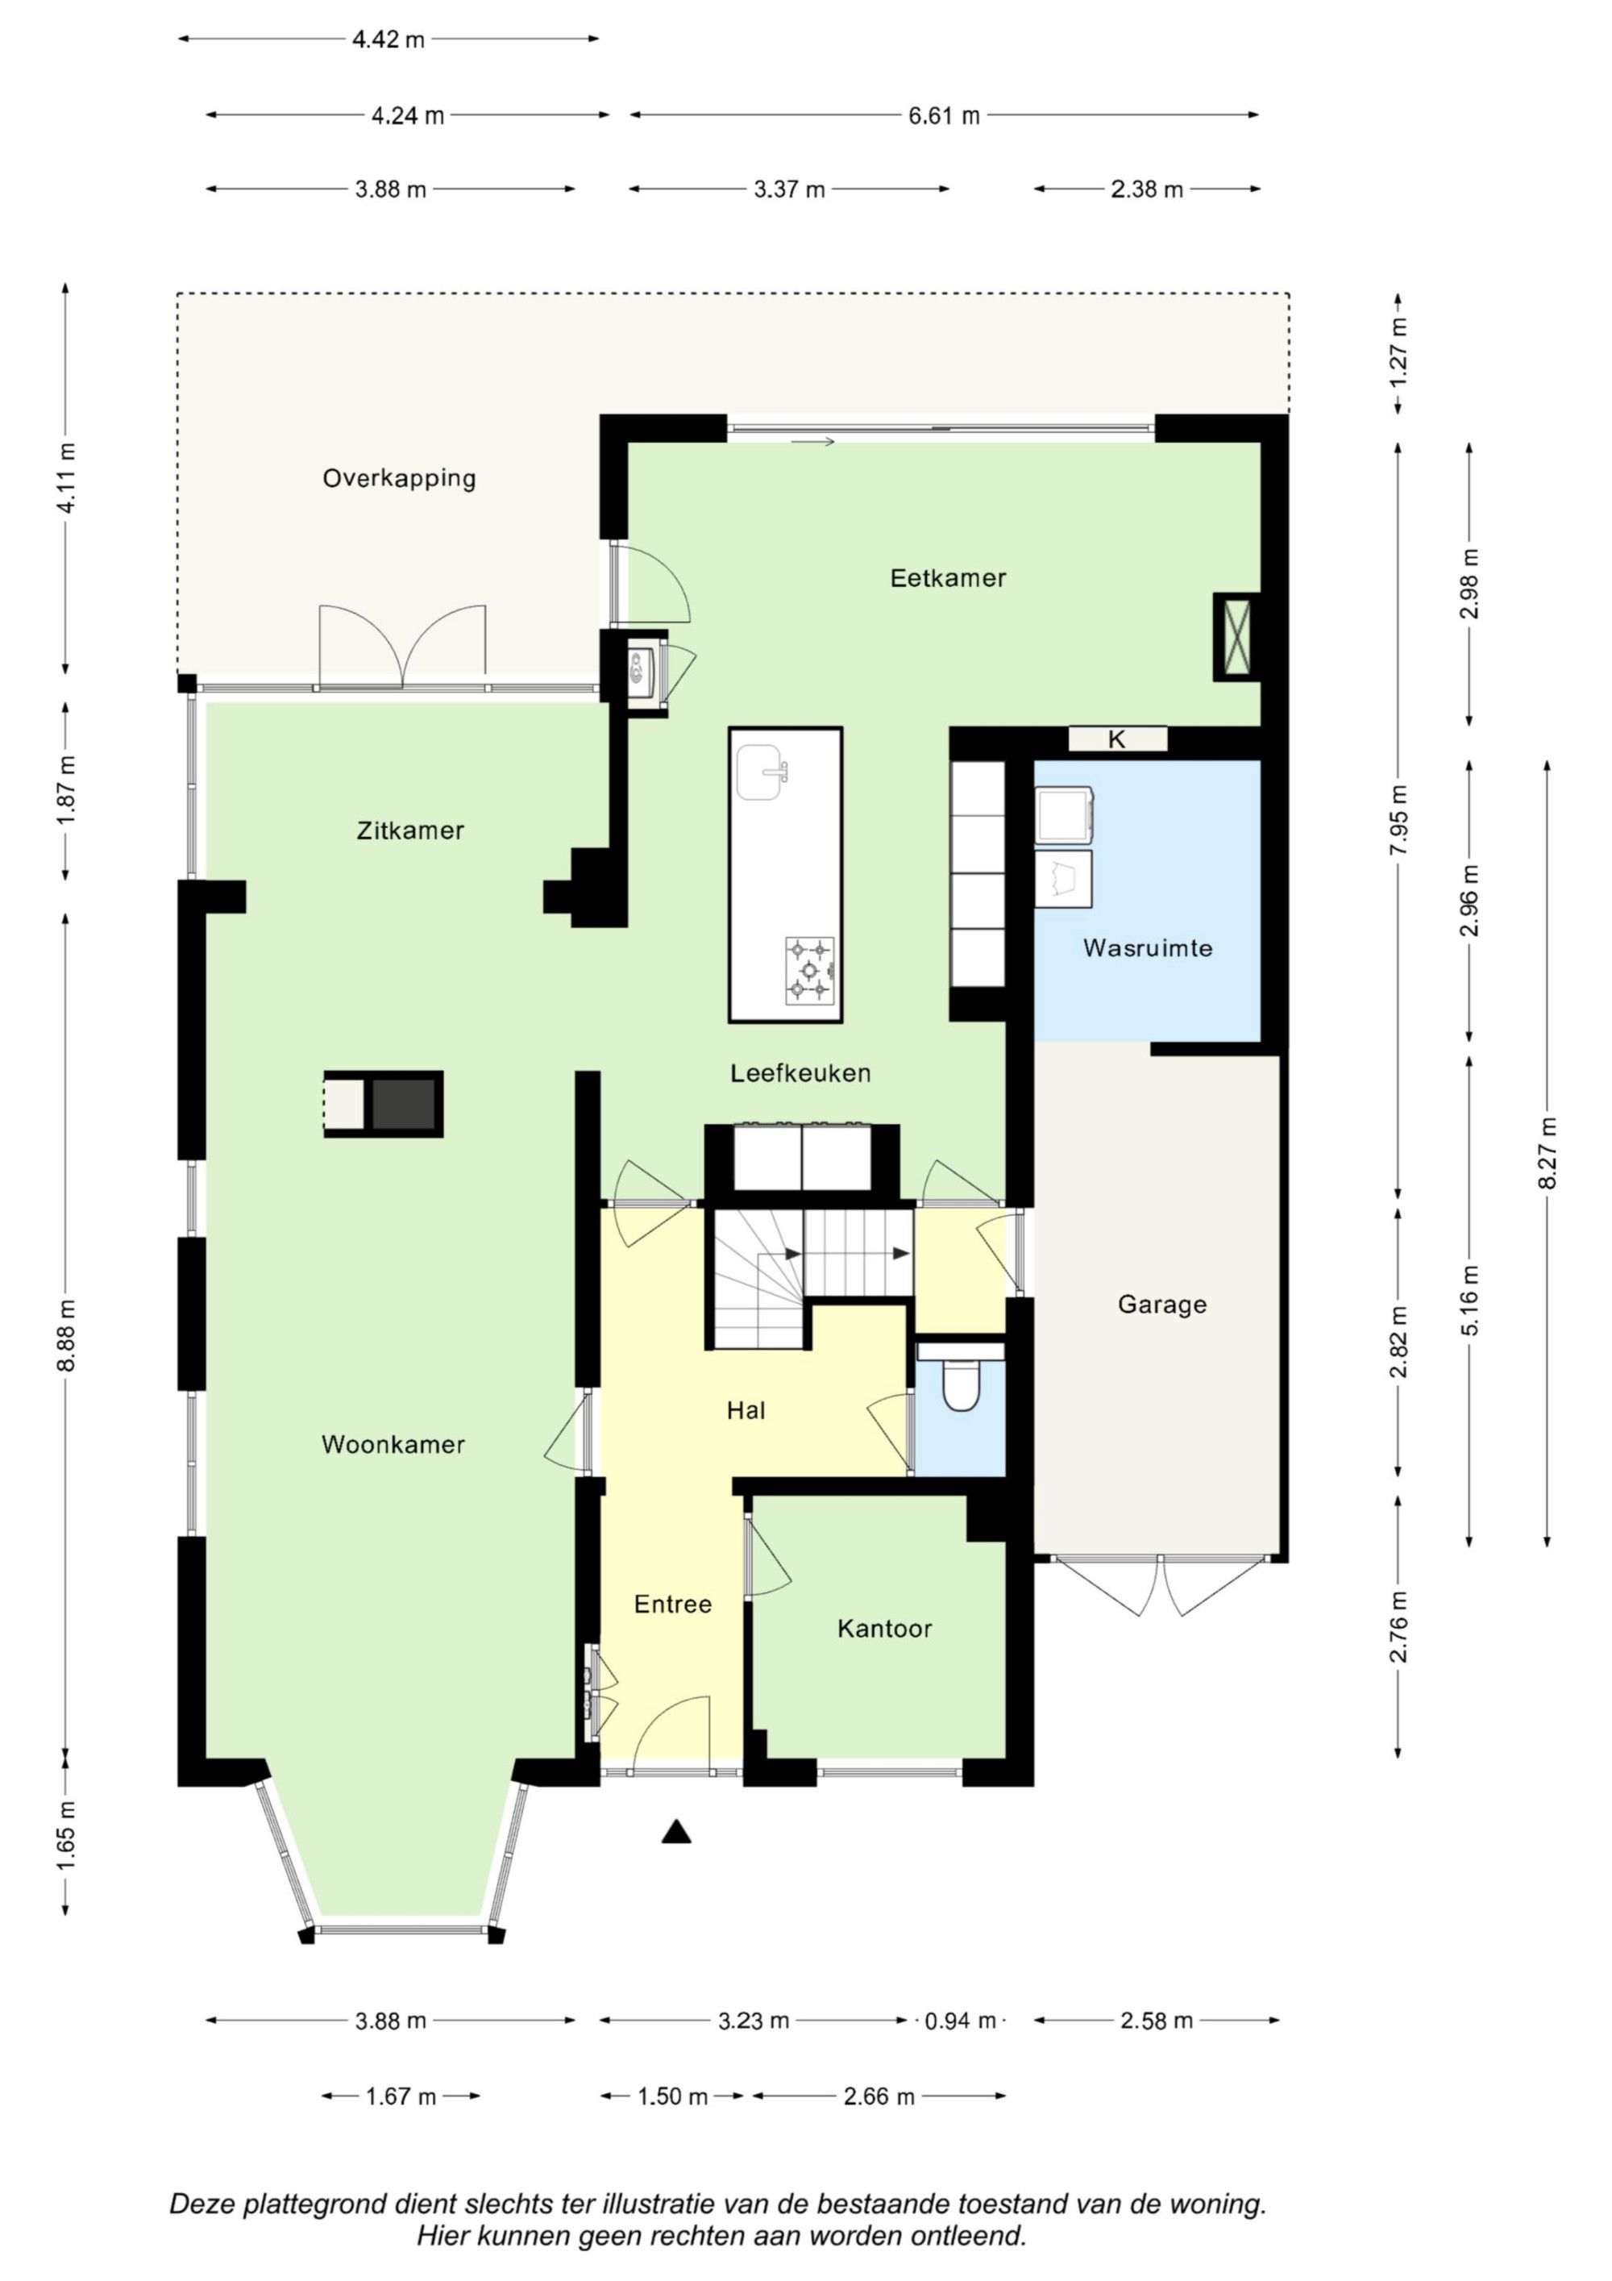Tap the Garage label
[1162, 1305]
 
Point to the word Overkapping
[399, 479]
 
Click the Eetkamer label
[948, 578]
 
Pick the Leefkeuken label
[800, 1073]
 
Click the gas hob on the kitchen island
[809, 970]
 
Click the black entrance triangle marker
[676, 1831]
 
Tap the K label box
[1117, 739]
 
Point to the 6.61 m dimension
[944, 115]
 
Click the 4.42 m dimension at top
[388, 40]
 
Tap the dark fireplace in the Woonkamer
[403, 1104]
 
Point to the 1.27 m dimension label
[1398, 352]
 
